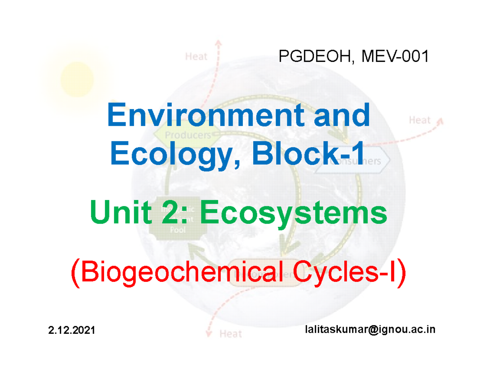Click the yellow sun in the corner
[77, 77]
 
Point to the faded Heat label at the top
[196, 57]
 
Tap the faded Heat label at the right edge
[420, 119]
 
